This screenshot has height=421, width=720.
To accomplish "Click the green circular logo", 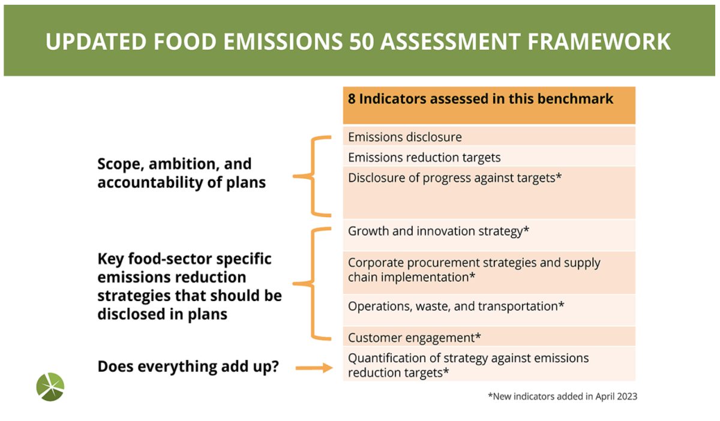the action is tap(50, 387).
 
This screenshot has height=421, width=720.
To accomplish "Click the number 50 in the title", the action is tap(362, 42).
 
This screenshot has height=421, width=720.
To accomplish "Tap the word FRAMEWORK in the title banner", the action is tap(599, 42).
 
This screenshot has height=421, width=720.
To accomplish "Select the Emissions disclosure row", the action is tap(489, 137).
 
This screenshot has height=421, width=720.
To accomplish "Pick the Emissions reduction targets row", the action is tap(489, 157).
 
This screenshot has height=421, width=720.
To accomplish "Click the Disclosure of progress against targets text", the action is tap(455, 178).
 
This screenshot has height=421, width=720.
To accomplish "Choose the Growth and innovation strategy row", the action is tap(489, 234).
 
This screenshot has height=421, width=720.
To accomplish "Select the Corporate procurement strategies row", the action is tap(489, 272).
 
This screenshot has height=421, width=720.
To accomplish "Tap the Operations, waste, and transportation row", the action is tap(489, 310).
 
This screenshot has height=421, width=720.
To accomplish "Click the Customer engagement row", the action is tap(489, 336).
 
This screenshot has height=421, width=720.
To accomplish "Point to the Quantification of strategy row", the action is tap(489, 364).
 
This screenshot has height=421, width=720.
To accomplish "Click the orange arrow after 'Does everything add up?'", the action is tap(314, 368).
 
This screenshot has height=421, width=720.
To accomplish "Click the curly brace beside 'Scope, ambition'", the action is tap(313, 176).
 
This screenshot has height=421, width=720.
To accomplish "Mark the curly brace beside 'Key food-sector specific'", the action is tap(313, 284).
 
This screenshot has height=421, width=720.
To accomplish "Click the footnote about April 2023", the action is tap(563, 396).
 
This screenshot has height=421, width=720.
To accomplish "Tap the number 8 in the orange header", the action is tap(352, 99).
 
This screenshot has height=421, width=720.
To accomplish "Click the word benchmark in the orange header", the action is tap(575, 99).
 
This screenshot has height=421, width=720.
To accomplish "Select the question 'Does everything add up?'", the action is tap(188, 366).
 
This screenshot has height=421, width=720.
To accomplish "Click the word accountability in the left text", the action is tap(150, 183).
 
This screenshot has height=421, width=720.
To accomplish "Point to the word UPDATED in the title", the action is tap(96, 42).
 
